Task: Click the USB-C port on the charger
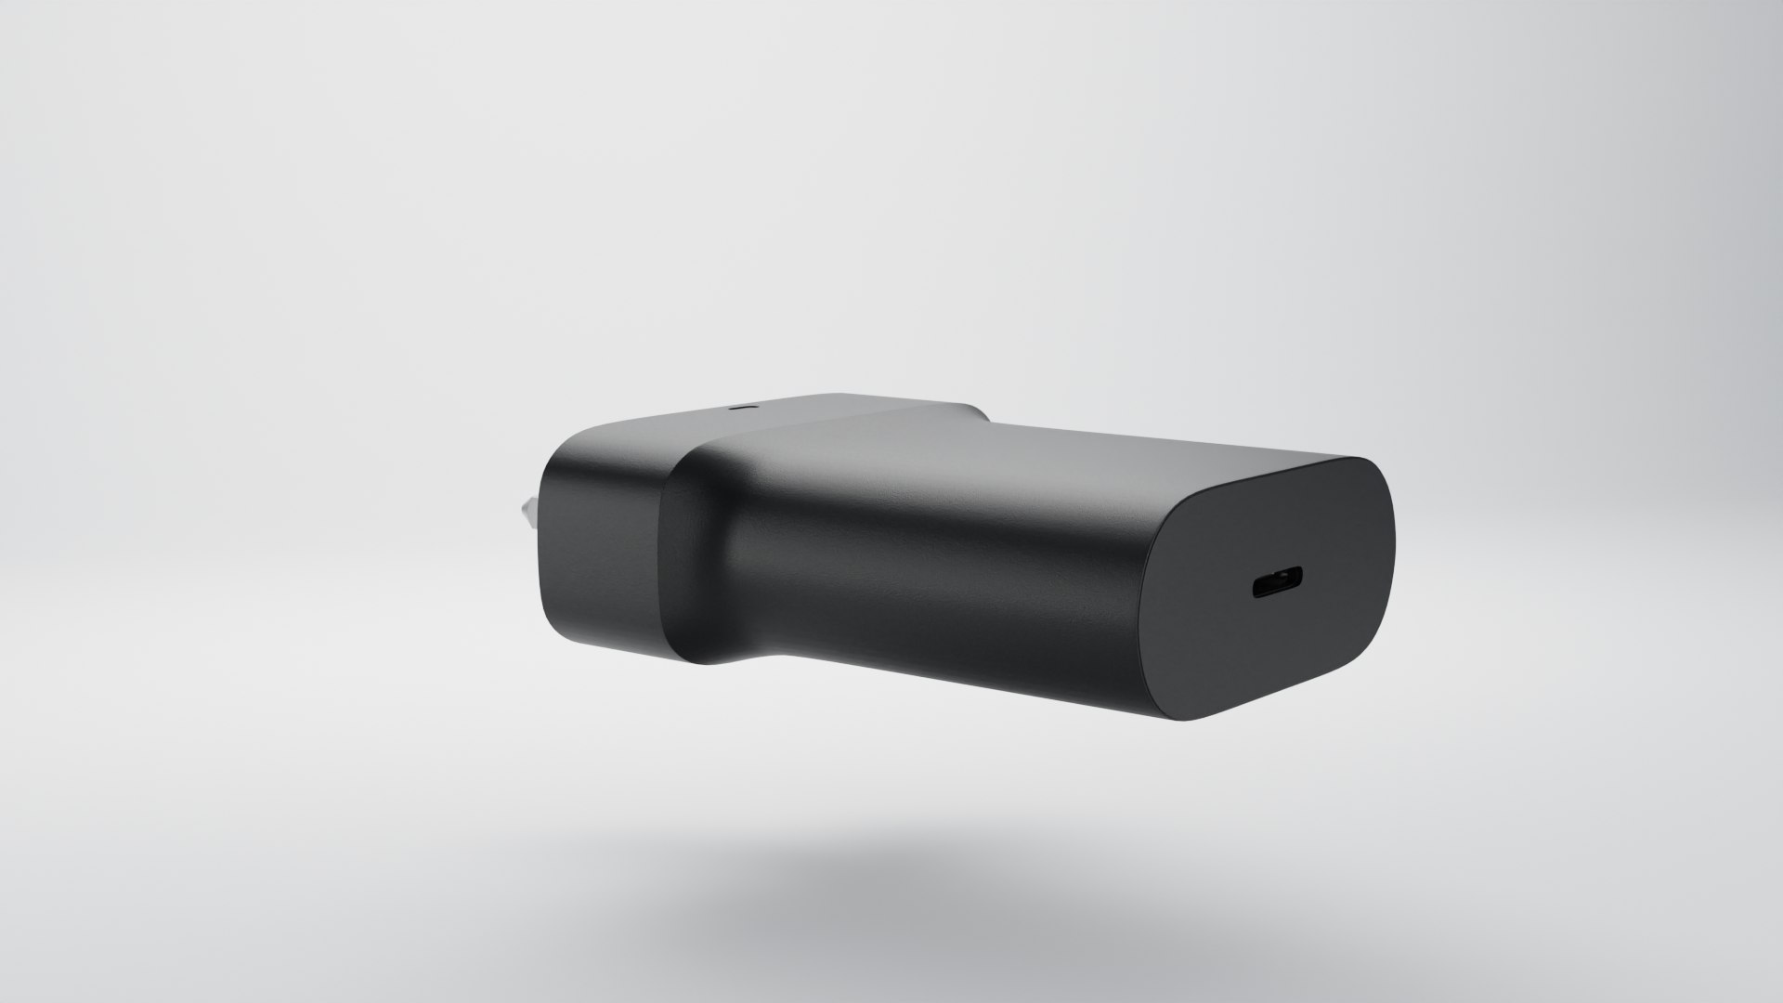coord(1277,586)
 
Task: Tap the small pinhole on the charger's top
coord(741,407)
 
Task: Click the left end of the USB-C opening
coord(1256,589)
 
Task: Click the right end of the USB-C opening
coord(1299,582)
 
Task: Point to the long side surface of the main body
coord(929,594)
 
